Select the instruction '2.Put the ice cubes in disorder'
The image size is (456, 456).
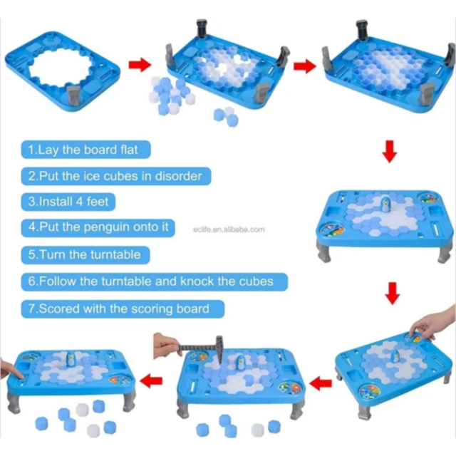(114, 175)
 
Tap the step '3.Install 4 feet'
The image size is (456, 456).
(68, 202)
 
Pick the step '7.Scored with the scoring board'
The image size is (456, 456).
(119, 309)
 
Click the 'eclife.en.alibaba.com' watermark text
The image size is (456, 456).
(229, 229)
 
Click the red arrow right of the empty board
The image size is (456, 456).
(139, 66)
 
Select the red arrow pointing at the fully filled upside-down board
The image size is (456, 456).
(304, 66)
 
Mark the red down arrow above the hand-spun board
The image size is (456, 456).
(391, 293)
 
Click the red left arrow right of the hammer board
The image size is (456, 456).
(323, 383)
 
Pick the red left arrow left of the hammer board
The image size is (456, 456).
(152, 382)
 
